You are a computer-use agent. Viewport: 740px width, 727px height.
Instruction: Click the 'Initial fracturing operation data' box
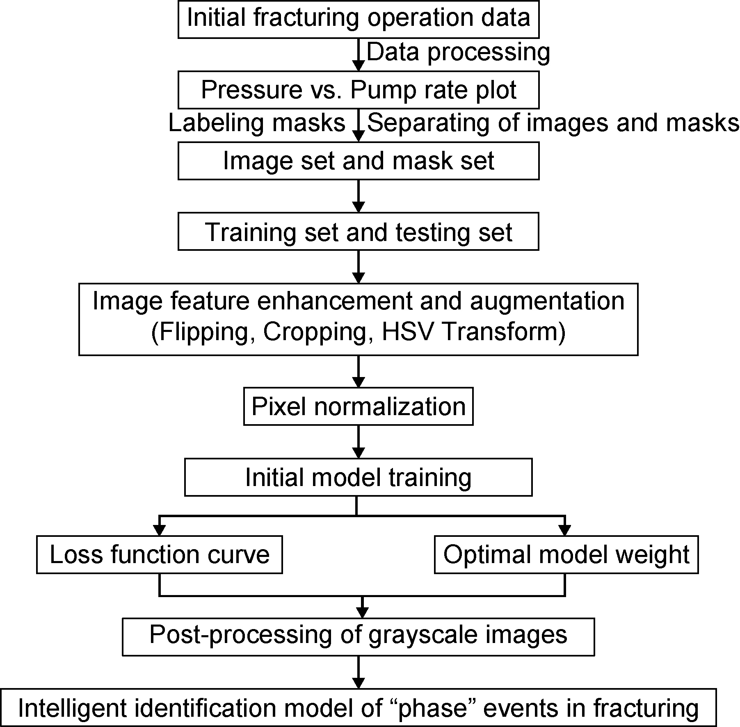[x=358, y=19]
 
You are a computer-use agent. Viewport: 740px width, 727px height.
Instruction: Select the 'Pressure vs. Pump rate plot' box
[x=358, y=90]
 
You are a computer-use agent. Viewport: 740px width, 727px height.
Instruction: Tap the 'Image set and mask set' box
[x=358, y=161]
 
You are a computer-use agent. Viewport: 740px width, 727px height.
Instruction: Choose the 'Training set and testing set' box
[x=358, y=232]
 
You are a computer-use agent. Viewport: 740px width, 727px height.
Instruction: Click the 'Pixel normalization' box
[x=358, y=407]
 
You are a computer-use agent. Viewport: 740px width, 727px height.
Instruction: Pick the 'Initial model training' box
[x=358, y=477]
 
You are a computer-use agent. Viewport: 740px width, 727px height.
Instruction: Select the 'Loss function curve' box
[x=159, y=554]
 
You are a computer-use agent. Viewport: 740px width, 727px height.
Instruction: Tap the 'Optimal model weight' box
[x=566, y=554]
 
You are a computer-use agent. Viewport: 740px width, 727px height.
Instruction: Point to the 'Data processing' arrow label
[x=458, y=52]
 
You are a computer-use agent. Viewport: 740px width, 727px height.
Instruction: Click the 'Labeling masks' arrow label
[x=257, y=123]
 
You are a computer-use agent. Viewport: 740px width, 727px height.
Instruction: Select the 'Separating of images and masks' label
[x=553, y=123]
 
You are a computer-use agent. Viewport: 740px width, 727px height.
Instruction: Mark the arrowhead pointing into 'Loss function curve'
[x=159, y=530]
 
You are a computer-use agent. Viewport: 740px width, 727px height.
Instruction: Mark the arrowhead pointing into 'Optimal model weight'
[x=565, y=530]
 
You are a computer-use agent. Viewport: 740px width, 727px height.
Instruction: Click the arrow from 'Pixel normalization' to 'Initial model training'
[x=359, y=442]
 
